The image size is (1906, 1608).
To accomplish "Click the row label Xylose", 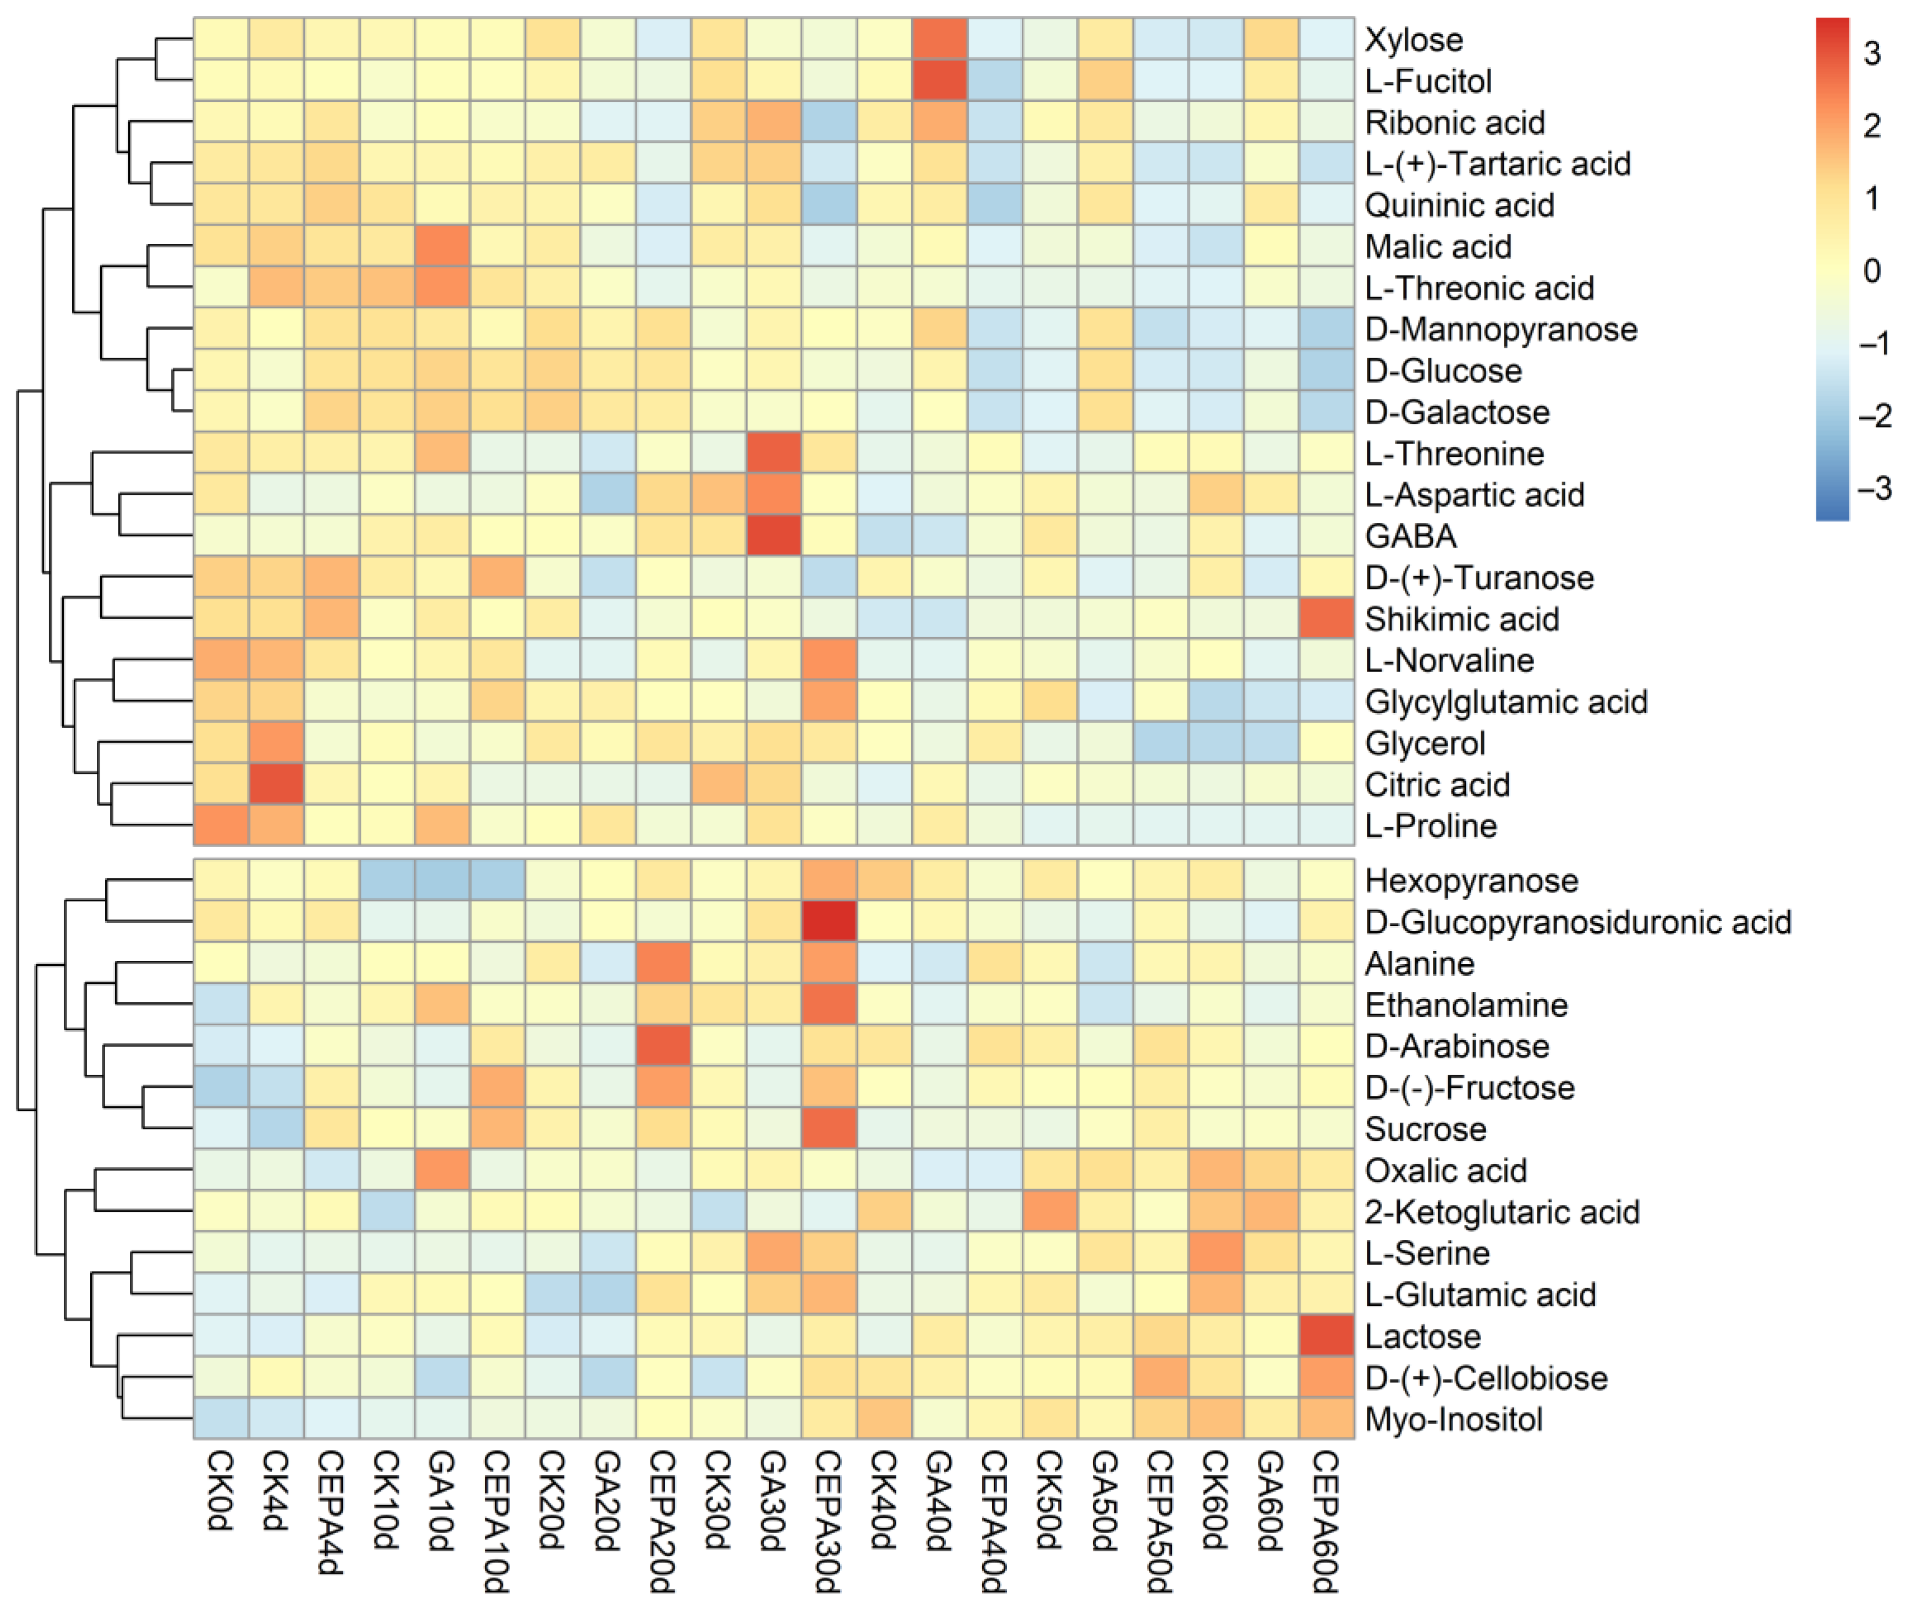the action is pyautogui.click(x=1414, y=40).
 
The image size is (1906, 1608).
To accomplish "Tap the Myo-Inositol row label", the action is pyautogui.click(x=1454, y=1419).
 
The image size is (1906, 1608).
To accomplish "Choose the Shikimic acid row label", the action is pyautogui.click(x=1462, y=619).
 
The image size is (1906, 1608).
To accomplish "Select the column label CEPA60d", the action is pyautogui.click(x=1326, y=1522).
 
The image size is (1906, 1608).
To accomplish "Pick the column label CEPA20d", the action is pyautogui.click(x=662, y=1522).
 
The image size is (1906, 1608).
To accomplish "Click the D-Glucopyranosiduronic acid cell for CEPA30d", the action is pyautogui.click(x=829, y=922).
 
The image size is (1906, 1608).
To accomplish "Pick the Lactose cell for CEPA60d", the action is pyautogui.click(x=1326, y=1336).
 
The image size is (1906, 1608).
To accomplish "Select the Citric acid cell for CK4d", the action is pyautogui.click(x=276, y=784).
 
